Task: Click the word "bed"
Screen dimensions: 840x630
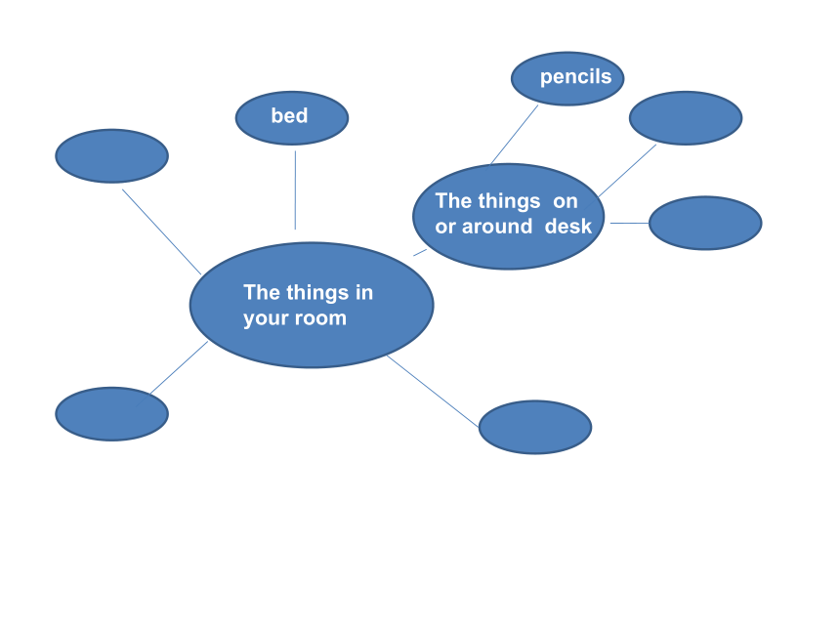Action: pos(289,115)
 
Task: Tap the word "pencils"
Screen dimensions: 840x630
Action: pos(576,76)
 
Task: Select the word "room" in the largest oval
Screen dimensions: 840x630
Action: pos(321,318)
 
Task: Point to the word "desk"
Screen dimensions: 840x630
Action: pos(568,226)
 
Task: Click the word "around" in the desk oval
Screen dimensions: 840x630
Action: pos(497,227)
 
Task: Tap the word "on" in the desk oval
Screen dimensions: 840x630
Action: pos(566,202)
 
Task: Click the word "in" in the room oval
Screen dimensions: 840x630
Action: pos(364,292)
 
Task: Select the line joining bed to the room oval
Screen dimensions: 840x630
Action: pos(295,190)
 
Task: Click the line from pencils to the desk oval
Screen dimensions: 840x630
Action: pos(515,135)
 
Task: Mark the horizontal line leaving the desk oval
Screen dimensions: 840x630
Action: pos(629,223)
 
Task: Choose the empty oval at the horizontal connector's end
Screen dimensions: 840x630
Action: pos(705,223)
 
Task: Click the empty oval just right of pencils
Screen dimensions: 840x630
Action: pos(686,118)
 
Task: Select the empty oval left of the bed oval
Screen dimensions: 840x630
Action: pos(112,156)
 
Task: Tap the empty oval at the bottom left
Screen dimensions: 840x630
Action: pos(112,414)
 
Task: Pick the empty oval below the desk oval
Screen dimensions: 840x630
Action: pos(535,427)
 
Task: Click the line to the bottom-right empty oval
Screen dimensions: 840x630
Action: pos(433,391)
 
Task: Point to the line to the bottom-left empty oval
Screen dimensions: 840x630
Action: pos(179,367)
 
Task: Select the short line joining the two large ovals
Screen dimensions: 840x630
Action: pos(420,252)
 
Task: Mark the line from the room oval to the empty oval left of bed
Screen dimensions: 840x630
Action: pos(162,231)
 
